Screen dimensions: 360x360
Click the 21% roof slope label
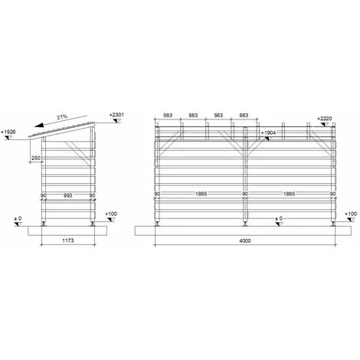62,117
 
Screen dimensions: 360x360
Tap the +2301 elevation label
116,115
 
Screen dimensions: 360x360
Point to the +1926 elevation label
8,132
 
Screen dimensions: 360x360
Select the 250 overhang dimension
36,158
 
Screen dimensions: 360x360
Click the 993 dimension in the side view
67,195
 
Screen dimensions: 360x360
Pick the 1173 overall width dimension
68,241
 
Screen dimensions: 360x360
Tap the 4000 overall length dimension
245,241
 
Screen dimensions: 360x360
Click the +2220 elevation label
325,119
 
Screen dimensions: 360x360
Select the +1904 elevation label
268,133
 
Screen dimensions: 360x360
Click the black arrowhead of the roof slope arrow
39,125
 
